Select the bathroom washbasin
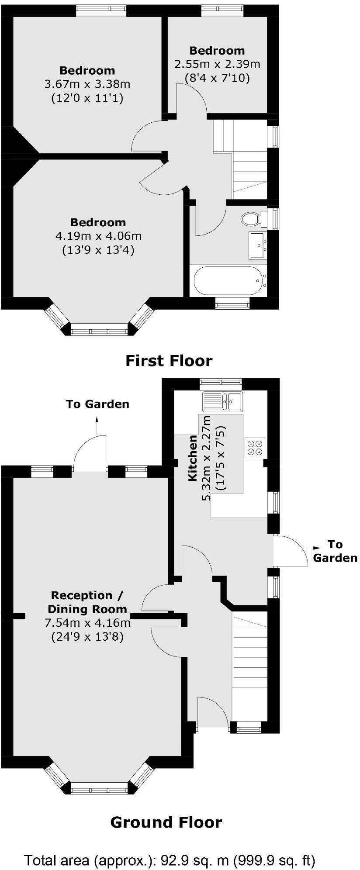pyautogui.click(x=257, y=245)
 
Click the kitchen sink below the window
pyautogui.click(x=222, y=401)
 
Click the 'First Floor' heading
pyautogui.click(x=169, y=361)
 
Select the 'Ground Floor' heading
pyautogui.click(x=166, y=822)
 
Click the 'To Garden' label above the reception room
pyautogui.click(x=97, y=404)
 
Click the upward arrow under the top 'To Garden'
pyautogui.click(x=97, y=423)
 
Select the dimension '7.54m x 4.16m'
pyautogui.click(x=87, y=623)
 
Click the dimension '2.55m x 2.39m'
pyautogui.click(x=217, y=64)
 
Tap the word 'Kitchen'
pyautogui.click(x=192, y=458)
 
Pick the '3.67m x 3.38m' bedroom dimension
pyautogui.click(x=87, y=84)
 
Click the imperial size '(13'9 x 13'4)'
pyautogui.click(x=98, y=250)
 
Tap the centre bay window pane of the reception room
pyautogui.click(x=99, y=787)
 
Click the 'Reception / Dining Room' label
pyautogui.click(x=87, y=602)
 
